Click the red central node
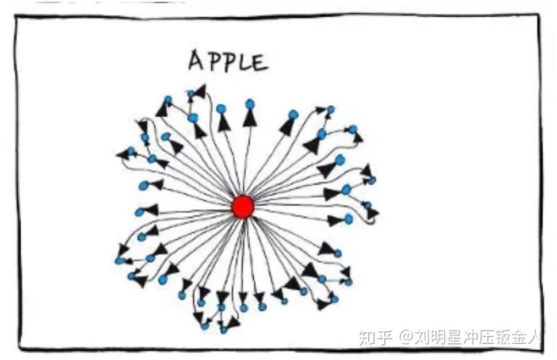pyautogui.click(x=243, y=207)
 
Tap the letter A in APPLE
pyautogui.click(x=197, y=61)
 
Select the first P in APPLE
pyautogui.click(x=213, y=61)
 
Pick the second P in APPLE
pyautogui.click(x=228, y=61)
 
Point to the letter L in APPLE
pyautogui.click(x=244, y=62)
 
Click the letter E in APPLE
pyautogui.click(x=260, y=62)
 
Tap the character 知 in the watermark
pyautogui.click(x=368, y=336)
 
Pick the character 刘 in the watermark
pyautogui.click(x=424, y=336)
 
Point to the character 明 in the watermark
pyautogui.click(x=441, y=336)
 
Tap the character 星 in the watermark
pyautogui.click(x=459, y=336)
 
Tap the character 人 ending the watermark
pyautogui.click(x=541, y=336)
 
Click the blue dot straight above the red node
pyautogui.click(x=250, y=104)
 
